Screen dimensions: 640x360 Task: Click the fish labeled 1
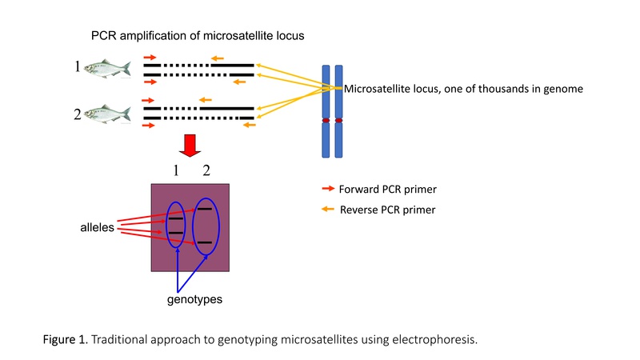point(108,68)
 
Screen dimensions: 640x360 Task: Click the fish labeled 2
point(108,114)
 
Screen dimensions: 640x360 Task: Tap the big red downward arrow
point(190,146)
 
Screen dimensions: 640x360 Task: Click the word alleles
point(97,227)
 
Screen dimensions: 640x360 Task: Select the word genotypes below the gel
point(194,299)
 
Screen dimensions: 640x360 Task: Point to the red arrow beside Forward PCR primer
point(328,189)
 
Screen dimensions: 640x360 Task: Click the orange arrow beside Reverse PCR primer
point(328,209)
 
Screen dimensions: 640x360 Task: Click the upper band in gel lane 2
point(205,209)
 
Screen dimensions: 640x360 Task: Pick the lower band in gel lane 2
point(205,242)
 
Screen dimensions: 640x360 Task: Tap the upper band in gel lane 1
point(176,218)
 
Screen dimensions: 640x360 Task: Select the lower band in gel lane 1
point(176,233)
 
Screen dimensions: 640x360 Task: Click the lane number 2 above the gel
point(206,170)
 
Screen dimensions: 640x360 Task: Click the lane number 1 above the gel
point(176,170)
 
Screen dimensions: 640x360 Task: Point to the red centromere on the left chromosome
point(326,121)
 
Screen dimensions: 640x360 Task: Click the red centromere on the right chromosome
point(338,121)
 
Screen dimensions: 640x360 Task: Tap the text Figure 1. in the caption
point(66,339)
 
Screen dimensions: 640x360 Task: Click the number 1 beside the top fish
point(78,66)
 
